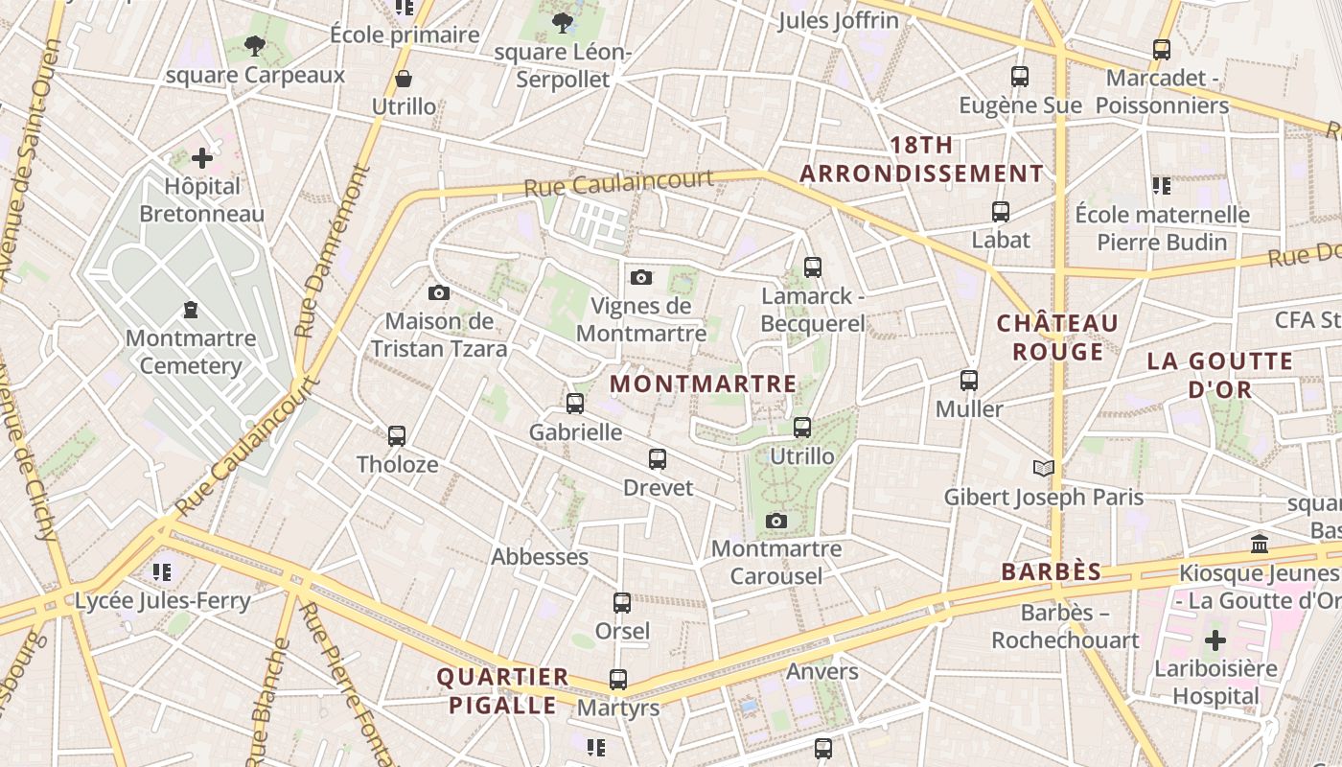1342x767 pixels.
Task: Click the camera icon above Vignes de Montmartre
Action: pos(641,278)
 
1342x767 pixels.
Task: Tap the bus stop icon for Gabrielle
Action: pos(575,404)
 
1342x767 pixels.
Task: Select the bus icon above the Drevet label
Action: pos(658,459)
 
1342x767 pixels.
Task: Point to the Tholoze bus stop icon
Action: pos(397,436)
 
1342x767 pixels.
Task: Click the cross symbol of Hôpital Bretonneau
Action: pos(202,158)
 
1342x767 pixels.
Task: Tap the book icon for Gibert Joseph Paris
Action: pos(1044,468)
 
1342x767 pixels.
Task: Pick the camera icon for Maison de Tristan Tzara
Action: pos(439,292)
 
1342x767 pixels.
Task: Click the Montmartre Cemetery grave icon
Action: pos(191,310)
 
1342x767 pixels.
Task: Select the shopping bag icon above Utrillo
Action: pos(404,79)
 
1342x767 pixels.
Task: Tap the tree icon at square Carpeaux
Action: pos(254,45)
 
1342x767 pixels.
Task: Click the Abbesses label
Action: pos(540,557)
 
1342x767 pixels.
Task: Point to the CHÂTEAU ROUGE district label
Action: pos(1058,337)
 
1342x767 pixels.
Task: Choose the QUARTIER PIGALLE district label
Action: pos(502,691)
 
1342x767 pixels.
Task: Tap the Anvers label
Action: pos(822,671)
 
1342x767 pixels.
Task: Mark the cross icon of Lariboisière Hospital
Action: pos(1215,640)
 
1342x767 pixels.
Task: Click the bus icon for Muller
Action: pos(969,381)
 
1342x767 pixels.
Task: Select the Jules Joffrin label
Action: pos(839,20)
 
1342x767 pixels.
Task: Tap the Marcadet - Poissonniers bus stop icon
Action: pos(1162,50)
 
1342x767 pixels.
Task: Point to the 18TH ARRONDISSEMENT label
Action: pos(921,159)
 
